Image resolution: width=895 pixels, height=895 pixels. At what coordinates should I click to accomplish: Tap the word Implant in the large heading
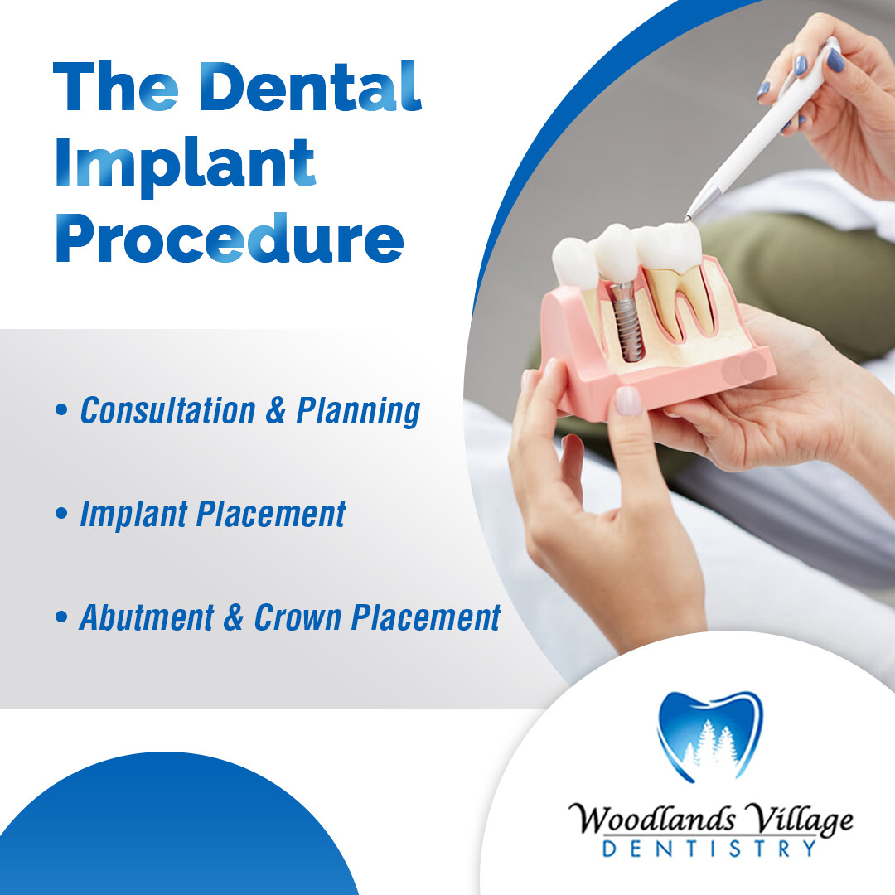(185, 164)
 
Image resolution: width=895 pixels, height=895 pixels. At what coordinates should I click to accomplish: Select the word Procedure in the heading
(230, 238)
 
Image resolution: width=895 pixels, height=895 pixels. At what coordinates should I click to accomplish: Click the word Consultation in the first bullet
(167, 410)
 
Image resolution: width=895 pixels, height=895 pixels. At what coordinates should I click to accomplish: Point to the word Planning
(359, 412)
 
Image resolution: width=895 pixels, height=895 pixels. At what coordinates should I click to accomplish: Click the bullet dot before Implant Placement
(61, 513)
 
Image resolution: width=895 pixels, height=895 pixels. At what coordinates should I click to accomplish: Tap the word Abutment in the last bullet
(147, 617)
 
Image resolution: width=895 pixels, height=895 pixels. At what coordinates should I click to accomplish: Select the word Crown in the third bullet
(297, 617)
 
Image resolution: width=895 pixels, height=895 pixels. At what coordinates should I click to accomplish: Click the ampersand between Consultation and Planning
(276, 410)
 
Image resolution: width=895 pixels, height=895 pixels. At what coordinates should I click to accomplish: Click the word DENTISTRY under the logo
(709, 849)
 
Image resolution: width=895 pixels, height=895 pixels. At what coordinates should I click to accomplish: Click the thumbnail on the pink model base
(628, 400)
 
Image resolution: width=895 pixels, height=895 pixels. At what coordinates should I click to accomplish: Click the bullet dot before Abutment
(61, 617)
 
